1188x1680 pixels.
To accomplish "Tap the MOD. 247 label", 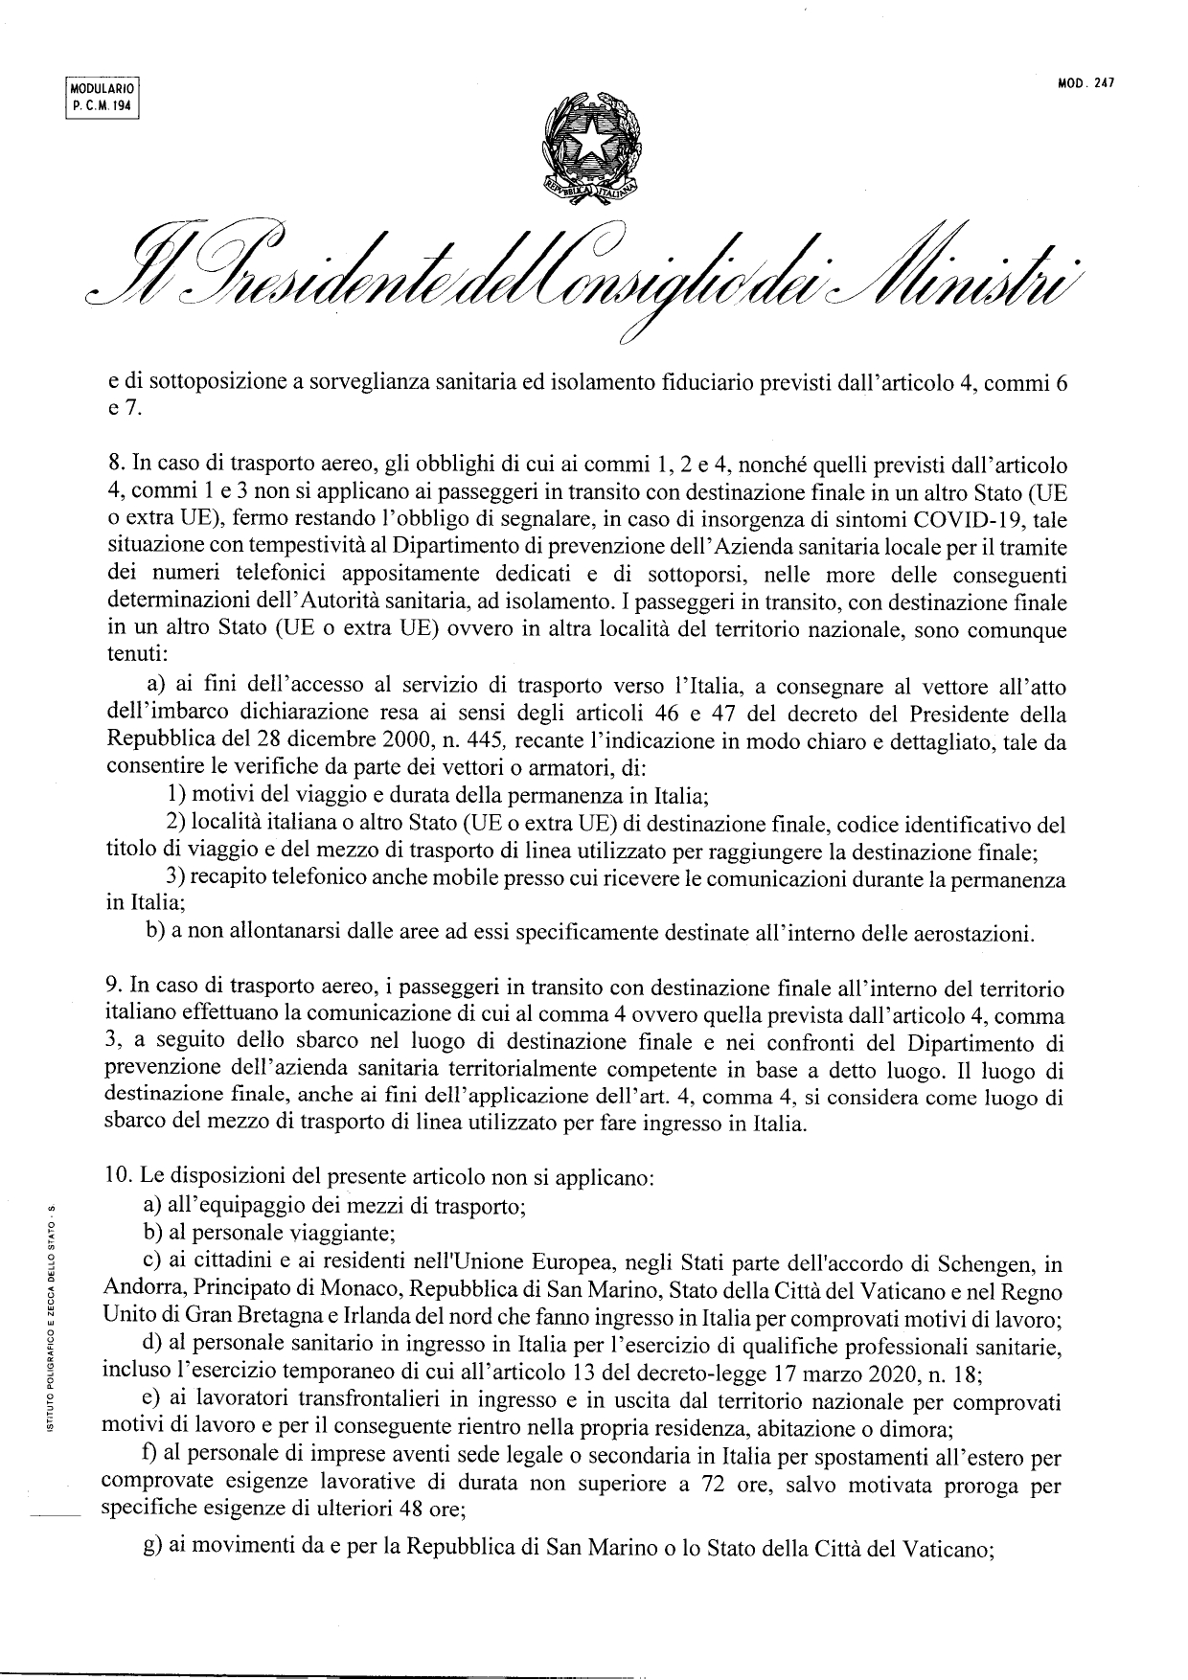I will [1086, 83].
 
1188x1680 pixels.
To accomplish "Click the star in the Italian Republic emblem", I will [590, 143].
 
